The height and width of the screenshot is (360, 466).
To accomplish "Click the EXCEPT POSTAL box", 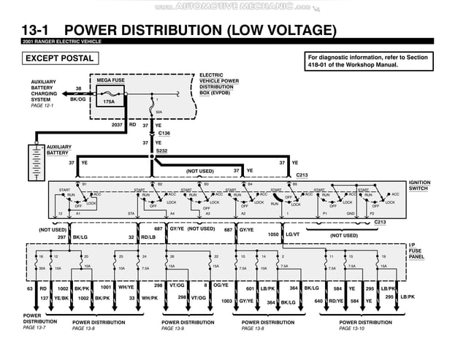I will click(x=59, y=58).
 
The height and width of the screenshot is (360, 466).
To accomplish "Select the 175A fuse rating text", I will click(x=109, y=102).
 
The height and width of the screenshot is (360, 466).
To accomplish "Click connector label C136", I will click(x=164, y=133).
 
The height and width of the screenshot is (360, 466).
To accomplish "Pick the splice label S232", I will click(x=161, y=150).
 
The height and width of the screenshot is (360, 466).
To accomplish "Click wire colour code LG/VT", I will click(x=292, y=234).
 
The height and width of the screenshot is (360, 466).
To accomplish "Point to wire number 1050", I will click(x=273, y=234).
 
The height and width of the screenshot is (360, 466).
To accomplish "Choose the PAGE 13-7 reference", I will click(x=34, y=327).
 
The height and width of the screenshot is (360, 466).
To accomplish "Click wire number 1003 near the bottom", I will click(x=226, y=301).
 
